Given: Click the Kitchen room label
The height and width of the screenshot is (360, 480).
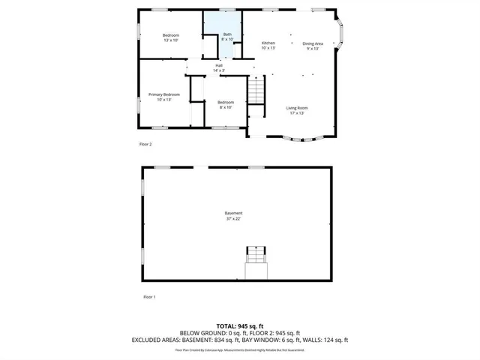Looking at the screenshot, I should tap(268, 43).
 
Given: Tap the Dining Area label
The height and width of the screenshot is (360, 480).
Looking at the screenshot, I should tap(313, 43).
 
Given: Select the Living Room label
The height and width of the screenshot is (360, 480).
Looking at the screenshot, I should tap(297, 107).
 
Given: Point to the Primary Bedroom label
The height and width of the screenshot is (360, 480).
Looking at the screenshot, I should tap(164, 94).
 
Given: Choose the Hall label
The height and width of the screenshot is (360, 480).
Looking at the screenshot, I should tap(219, 65).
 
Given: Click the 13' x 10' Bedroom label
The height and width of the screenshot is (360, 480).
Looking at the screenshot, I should tap(171, 36).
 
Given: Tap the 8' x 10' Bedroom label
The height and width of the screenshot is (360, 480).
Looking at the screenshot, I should tap(226, 102).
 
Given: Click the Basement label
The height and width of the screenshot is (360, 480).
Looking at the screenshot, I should tap(235, 213).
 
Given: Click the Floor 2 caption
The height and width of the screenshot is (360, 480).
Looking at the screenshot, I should tap(145, 144).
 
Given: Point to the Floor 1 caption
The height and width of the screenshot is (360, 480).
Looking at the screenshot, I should tap(148, 297).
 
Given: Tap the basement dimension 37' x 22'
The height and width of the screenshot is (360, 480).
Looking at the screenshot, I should tap(235, 218).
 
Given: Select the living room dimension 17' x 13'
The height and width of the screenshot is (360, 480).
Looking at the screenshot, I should tap(297, 113).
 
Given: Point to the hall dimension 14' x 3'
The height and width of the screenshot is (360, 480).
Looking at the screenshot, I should tap(219, 70).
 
